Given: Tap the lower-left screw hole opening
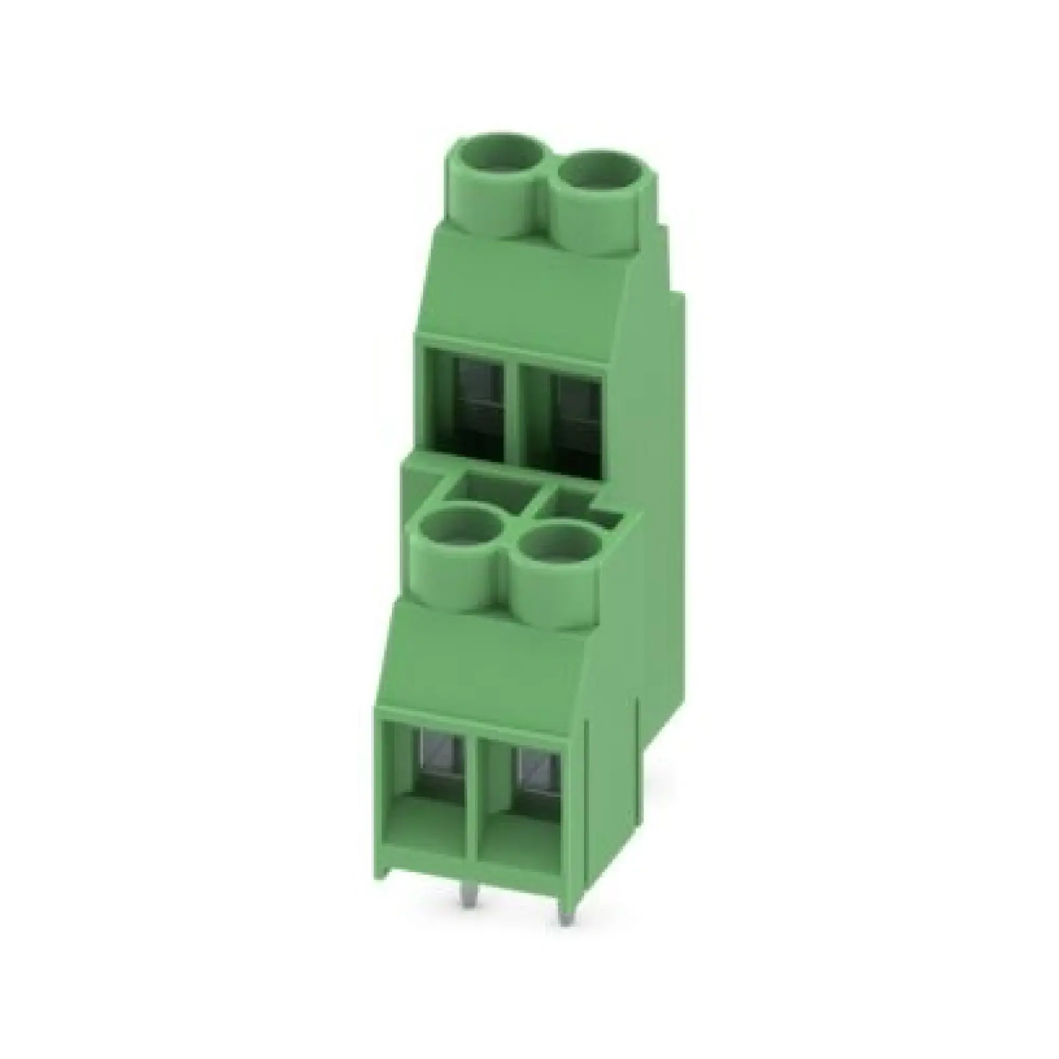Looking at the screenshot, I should click(x=461, y=530).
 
